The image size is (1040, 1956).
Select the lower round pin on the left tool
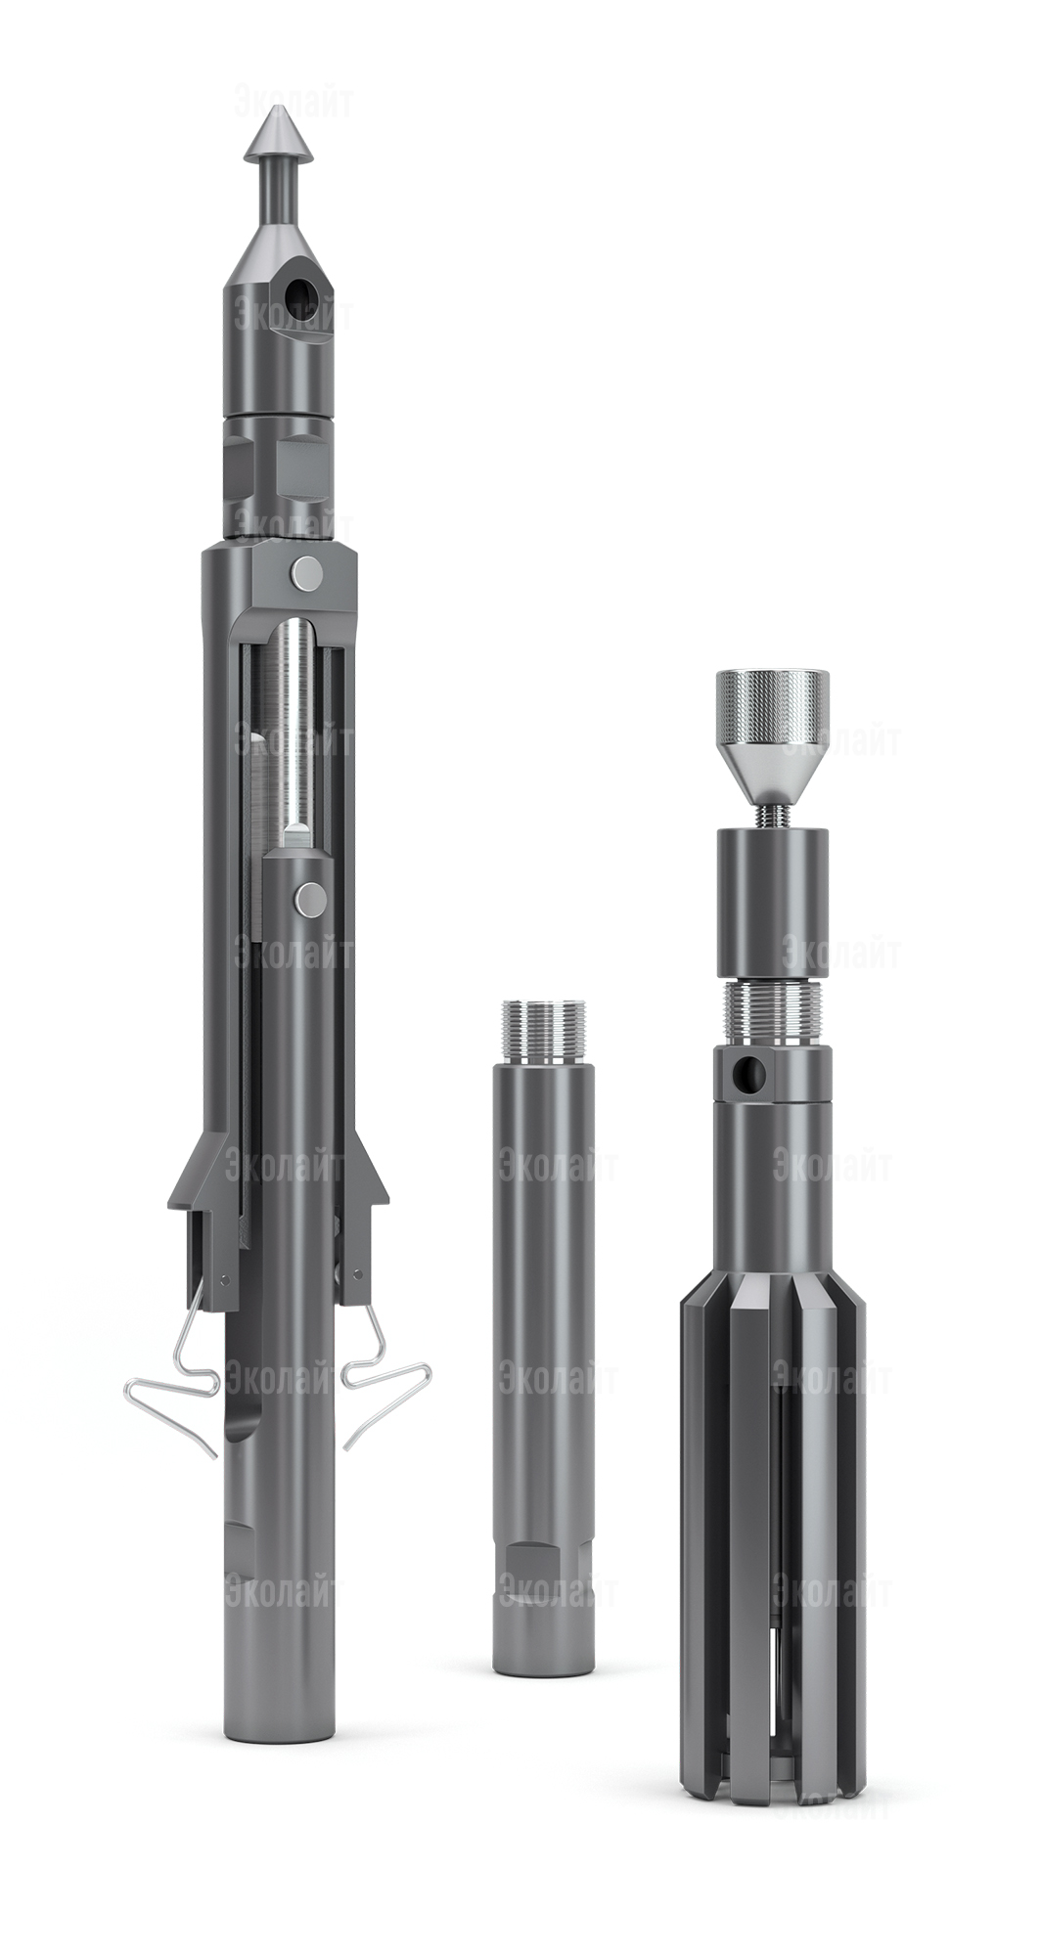tap(311, 899)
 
